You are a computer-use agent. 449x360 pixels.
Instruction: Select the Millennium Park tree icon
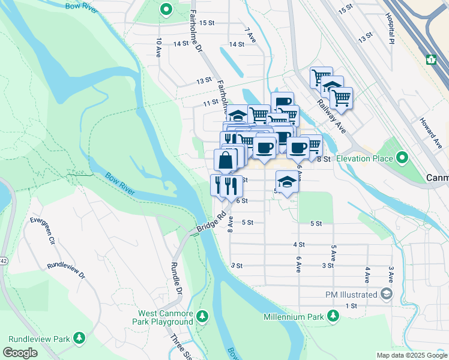coord(333,316)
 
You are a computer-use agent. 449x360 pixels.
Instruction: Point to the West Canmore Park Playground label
coord(166,317)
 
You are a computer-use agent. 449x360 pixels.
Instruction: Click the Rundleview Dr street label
coord(66,271)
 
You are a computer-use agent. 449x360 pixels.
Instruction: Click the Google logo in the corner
coord(20,353)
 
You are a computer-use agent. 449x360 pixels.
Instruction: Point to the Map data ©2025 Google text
coord(411,355)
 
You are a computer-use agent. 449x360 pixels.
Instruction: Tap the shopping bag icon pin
coord(225,160)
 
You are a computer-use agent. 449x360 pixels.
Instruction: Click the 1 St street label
coord(351,305)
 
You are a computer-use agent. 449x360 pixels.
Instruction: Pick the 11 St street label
coord(210,103)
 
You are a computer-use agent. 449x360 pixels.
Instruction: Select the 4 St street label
coord(299,245)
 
